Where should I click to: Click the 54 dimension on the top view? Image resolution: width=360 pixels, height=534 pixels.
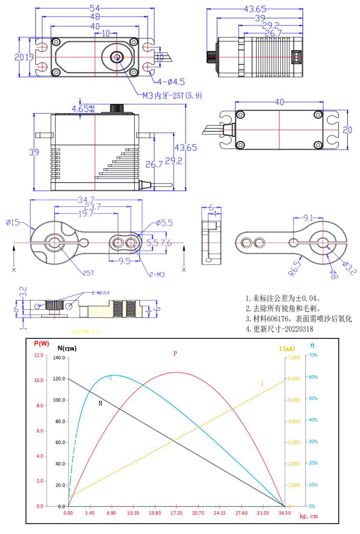pos(95,8)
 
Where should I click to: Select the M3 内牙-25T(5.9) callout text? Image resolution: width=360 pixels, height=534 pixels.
pos(172,96)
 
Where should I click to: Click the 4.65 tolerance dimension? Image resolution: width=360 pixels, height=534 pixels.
pos(83,109)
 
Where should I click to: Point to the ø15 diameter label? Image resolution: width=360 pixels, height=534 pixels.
pos(13,222)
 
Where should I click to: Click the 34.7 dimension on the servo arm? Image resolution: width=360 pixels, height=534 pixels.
pos(86,200)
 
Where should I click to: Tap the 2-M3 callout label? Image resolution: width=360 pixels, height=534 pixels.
pos(157,275)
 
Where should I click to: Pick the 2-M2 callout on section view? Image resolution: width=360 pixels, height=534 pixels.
pos(101,293)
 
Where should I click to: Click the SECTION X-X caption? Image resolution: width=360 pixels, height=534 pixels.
pos(85,332)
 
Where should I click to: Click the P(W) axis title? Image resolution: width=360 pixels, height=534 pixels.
pos(41,344)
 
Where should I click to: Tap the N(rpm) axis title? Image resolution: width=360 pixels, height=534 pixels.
pos(67,348)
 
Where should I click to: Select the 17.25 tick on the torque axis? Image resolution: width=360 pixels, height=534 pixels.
pos(176,513)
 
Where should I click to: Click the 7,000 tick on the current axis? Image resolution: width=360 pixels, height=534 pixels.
pos(294,358)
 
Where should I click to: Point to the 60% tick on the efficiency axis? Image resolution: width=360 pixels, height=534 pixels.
pos(313,377)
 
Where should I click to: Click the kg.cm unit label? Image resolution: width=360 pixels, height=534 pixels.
pos(308,516)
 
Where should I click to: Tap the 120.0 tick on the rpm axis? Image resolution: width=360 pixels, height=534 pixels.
pos(59,379)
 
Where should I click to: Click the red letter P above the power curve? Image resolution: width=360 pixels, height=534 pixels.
pos(175,354)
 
